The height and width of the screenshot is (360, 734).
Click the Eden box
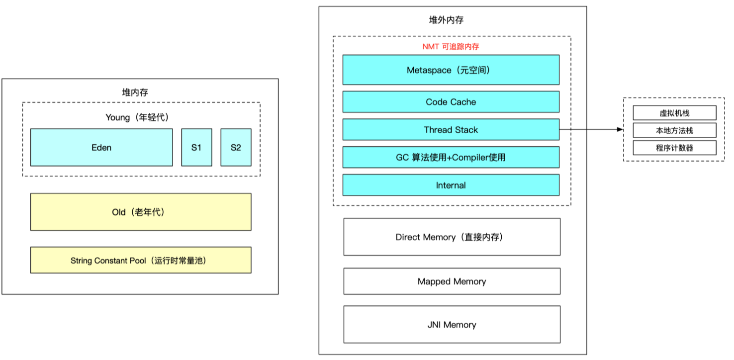click(x=101, y=147)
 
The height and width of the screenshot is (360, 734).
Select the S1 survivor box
click(x=196, y=147)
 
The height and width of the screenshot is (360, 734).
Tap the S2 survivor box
click(x=236, y=147)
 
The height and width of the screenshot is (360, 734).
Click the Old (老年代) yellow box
click(x=141, y=212)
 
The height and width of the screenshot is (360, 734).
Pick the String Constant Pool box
click(x=141, y=260)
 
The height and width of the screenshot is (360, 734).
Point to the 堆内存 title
click(x=135, y=92)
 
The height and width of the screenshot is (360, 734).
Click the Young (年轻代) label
click(x=137, y=117)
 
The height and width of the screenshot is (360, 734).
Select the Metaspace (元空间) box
click(x=451, y=70)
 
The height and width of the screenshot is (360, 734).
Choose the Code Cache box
click(x=451, y=102)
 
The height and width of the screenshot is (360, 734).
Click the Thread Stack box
click(x=451, y=130)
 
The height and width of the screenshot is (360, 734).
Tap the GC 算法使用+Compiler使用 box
click(x=451, y=157)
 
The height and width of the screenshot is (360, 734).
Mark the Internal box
click(x=451, y=185)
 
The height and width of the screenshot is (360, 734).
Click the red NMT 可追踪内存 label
click(x=451, y=47)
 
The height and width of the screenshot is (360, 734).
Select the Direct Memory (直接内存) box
click(x=452, y=237)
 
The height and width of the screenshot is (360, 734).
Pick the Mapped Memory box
click(x=452, y=281)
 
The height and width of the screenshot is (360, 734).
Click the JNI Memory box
click(x=452, y=325)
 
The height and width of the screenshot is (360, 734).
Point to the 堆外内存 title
click(x=446, y=20)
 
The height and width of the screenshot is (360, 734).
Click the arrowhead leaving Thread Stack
click(x=620, y=129)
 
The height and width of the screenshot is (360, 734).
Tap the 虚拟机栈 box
click(x=674, y=113)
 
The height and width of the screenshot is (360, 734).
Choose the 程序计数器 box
click(x=674, y=148)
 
